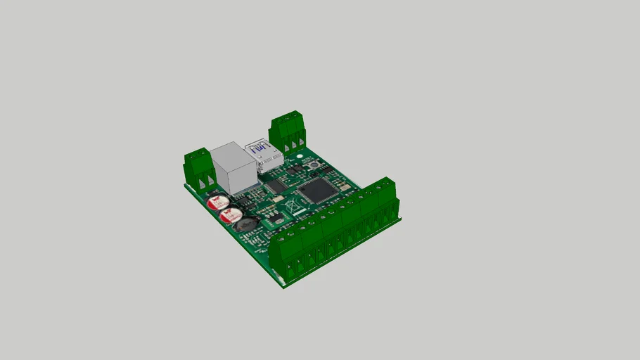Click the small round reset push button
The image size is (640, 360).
(312, 166)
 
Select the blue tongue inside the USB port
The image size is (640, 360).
(259, 149)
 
